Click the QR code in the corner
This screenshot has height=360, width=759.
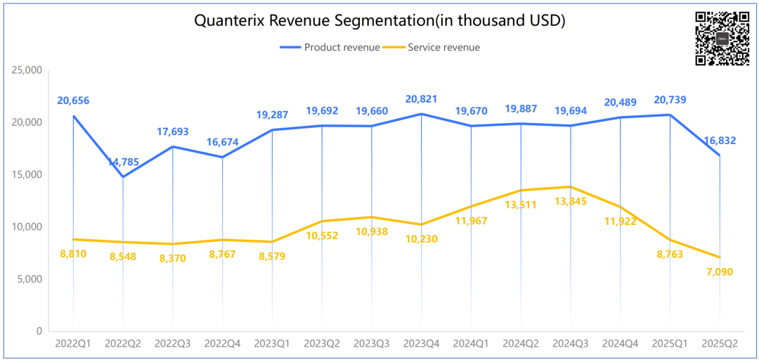[x=722, y=39]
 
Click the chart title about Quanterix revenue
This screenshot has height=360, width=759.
[x=379, y=21]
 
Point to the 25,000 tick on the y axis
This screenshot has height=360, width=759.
[x=27, y=70]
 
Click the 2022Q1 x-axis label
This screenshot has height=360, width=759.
[x=73, y=344]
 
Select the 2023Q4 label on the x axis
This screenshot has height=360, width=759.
[x=421, y=344]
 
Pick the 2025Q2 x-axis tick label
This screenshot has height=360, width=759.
[x=720, y=344]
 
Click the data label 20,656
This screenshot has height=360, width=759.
[x=73, y=101]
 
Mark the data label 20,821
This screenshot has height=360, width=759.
[x=421, y=99]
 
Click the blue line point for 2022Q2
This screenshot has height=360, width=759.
[x=123, y=176]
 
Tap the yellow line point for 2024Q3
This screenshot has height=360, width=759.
[x=571, y=187]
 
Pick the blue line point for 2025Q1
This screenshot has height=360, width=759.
[x=670, y=115]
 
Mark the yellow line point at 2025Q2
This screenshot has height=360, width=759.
[x=720, y=257]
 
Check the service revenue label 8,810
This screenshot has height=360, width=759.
[x=73, y=254]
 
